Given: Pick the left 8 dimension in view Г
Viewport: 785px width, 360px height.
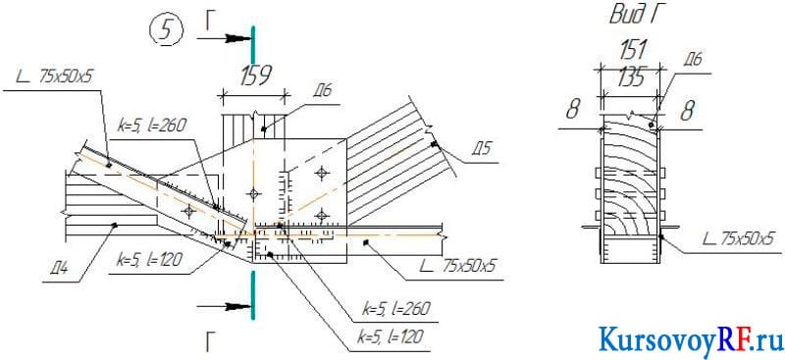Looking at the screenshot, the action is point(574,110).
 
